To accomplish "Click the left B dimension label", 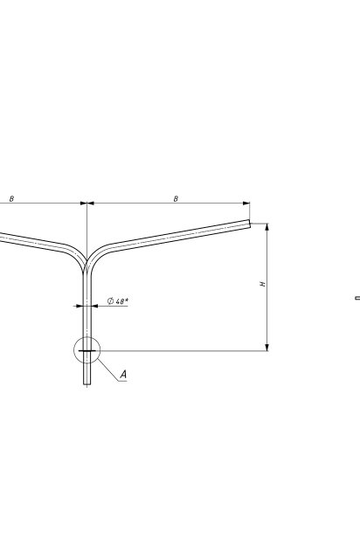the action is tap(11, 198).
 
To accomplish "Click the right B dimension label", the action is tap(176, 198).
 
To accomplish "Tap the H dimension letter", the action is tap(263, 284).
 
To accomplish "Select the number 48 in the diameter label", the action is tap(120, 301).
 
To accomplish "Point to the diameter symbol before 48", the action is tap(111, 301).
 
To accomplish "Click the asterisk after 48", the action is tap(127, 300).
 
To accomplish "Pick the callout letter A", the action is tap(123, 375).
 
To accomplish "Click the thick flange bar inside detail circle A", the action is tap(87, 351).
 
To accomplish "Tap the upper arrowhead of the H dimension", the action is tap(267, 227).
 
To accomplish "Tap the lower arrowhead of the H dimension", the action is tap(267, 348).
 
